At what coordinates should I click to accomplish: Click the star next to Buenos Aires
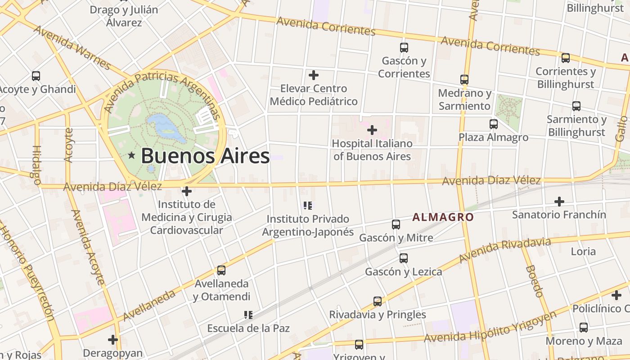(x=131, y=156)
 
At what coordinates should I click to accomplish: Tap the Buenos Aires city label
(x=205, y=156)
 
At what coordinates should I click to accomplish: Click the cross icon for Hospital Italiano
(x=372, y=130)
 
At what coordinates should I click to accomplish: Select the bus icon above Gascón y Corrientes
(x=404, y=47)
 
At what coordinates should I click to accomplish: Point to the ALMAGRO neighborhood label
(x=443, y=217)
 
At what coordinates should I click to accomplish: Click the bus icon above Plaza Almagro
(x=494, y=124)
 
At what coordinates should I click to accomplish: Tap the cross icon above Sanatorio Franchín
(x=559, y=202)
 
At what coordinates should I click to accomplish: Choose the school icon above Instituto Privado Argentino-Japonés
(x=308, y=206)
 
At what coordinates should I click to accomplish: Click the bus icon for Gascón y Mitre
(x=396, y=224)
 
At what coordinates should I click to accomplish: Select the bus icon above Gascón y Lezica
(x=404, y=258)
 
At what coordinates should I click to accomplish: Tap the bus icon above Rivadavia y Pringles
(x=378, y=301)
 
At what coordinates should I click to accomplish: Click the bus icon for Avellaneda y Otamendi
(x=221, y=270)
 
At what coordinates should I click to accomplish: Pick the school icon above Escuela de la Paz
(x=248, y=315)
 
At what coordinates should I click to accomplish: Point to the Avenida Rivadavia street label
(x=505, y=250)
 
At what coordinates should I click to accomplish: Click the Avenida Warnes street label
(x=72, y=48)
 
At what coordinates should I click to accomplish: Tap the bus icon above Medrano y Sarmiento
(x=464, y=80)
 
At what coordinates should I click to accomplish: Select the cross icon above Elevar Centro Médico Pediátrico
(x=314, y=75)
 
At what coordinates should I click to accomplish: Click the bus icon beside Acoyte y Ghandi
(x=36, y=76)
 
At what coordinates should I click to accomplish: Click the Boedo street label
(x=534, y=281)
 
